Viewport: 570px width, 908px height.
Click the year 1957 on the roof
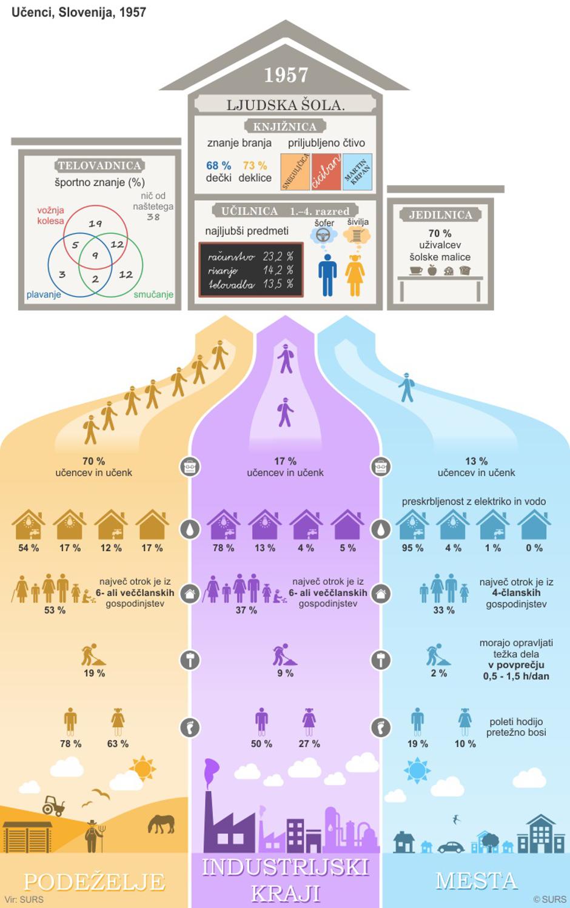tap(286, 75)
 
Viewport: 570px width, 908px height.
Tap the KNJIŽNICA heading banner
tap(284, 127)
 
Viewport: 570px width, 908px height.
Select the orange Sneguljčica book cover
tap(295, 172)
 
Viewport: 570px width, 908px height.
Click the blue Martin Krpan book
tap(357, 172)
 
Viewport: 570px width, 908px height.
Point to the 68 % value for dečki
tap(218, 165)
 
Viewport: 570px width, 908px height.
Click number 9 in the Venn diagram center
tap(95, 256)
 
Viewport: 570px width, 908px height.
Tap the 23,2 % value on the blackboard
tap(278, 256)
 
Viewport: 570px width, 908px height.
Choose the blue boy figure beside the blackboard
tap(327, 274)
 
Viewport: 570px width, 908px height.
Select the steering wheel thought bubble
tap(324, 236)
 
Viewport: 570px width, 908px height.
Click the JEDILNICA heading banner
tap(440, 215)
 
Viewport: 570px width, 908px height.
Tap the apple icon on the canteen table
tap(432, 270)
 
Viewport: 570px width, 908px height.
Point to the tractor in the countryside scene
tap(53, 805)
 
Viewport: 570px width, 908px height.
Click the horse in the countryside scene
tap(161, 824)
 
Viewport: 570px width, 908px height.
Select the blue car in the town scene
tap(451, 846)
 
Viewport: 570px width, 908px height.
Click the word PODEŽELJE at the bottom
tap(94, 881)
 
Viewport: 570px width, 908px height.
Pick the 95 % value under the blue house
tap(412, 548)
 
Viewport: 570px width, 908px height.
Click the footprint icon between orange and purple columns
tap(190, 727)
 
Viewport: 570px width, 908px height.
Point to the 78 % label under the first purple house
tap(223, 548)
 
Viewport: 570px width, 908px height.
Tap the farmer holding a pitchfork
tap(93, 836)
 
